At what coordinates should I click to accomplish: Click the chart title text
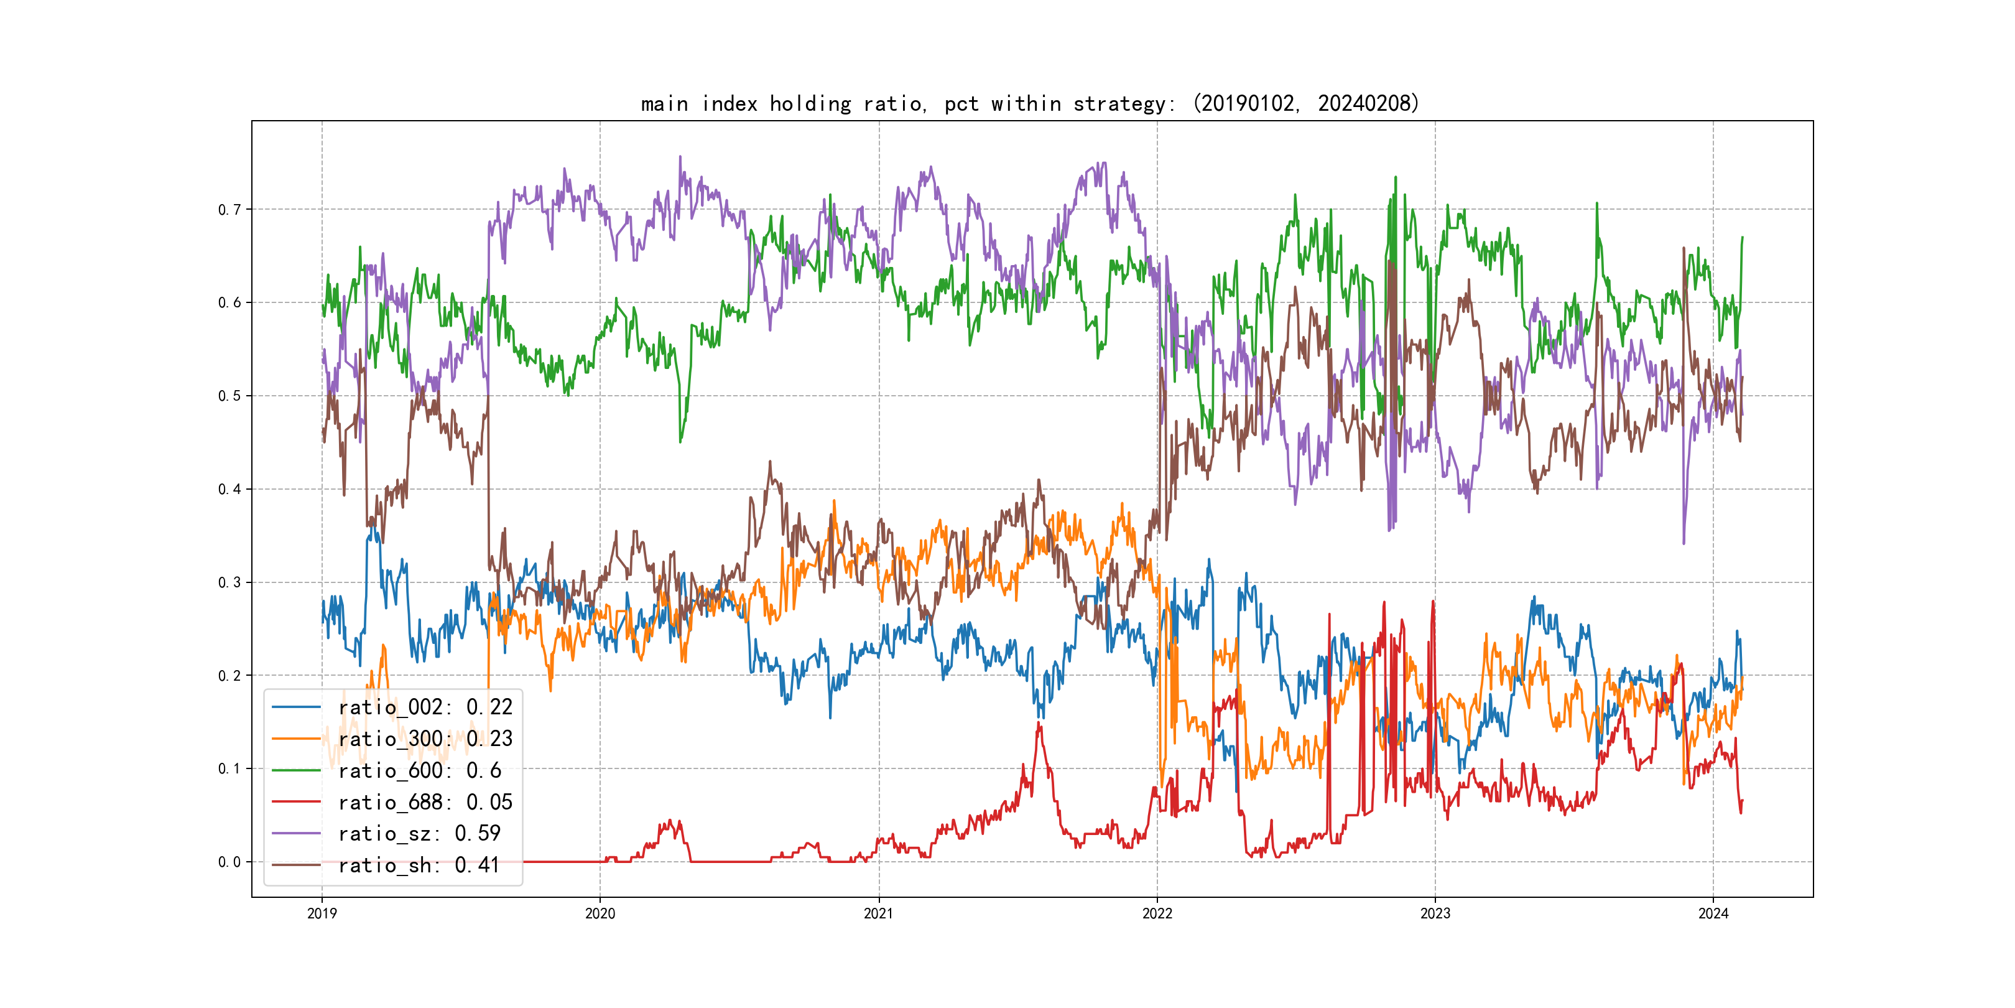pyautogui.click(x=1029, y=103)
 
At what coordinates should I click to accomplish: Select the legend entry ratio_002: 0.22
pyautogui.click(x=425, y=707)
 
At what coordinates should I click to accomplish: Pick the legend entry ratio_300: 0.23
pyautogui.click(x=425, y=739)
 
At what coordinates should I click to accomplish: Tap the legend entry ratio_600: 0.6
pyautogui.click(x=419, y=770)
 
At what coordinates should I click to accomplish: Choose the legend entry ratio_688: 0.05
pyautogui.click(x=425, y=802)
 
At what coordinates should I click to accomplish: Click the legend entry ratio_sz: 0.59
pyautogui.click(x=419, y=834)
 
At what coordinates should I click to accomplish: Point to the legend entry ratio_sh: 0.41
pyautogui.click(x=419, y=865)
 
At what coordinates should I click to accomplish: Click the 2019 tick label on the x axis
pyautogui.click(x=322, y=913)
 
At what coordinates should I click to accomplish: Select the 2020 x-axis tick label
pyautogui.click(x=600, y=913)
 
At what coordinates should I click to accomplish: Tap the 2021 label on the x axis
pyautogui.click(x=878, y=913)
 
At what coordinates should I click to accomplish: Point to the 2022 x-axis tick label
pyautogui.click(x=1157, y=913)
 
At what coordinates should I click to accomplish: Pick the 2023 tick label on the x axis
pyautogui.click(x=1435, y=913)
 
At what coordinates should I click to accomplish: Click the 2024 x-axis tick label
pyautogui.click(x=1713, y=913)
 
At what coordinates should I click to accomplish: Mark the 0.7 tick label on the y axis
pyautogui.click(x=229, y=210)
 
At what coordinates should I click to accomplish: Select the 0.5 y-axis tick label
pyautogui.click(x=229, y=396)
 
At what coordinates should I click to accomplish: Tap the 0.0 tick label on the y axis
pyautogui.click(x=229, y=862)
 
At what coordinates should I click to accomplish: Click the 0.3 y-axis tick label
pyautogui.click(x=229, y=582)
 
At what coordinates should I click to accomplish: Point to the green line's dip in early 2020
pyautogui.click(x=680, y=441)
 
